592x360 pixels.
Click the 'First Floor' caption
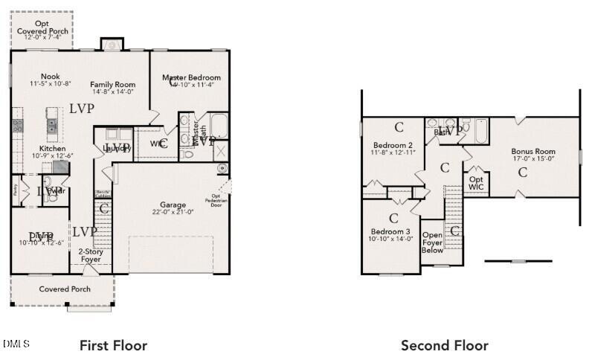point(113,345)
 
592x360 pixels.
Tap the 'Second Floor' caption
point(444,345)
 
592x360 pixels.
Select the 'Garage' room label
point(173,205)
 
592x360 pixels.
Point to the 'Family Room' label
point(112,84)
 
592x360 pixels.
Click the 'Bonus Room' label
point(530,152)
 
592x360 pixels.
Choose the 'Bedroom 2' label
point(393,145)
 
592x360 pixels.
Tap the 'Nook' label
point(51,77)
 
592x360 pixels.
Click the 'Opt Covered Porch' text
point(42,28)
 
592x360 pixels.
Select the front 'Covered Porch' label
point(65,289)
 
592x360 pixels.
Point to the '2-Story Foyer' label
point(90,256)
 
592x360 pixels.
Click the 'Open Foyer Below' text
point(432,242)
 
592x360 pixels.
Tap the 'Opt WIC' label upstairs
point(476,182)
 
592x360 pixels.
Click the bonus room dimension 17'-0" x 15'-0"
point(530,159)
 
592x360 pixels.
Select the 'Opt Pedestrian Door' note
point(216,200)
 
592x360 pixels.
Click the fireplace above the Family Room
point(112,45)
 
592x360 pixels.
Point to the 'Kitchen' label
point(52,149)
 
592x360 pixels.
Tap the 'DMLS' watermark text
point(16,344)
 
